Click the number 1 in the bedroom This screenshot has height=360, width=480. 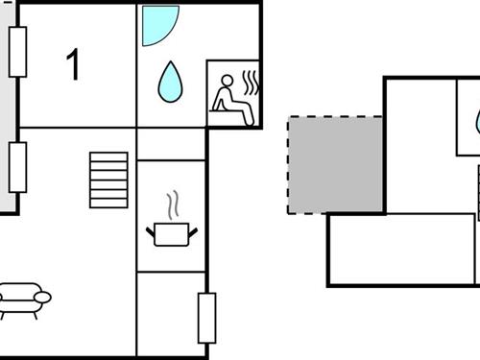coord(73,65)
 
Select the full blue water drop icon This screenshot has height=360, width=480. coord(170,83)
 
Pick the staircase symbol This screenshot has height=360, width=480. coord(108,179)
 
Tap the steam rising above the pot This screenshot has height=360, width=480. coord(173,204)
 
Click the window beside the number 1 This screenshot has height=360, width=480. coord(17,52)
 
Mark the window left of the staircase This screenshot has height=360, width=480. coord(17,167)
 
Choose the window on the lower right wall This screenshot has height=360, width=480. coord(206,318)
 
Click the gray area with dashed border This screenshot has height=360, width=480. coord(335,164)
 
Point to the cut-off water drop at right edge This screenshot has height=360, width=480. coord(477,122)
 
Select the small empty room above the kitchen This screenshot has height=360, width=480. coord(171,144)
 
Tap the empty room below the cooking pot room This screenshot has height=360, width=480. coord(171,313)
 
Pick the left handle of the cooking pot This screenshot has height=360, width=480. coord(151,230)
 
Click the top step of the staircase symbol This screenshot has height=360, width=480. coord(108,156)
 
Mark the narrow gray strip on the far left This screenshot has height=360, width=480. coord(7,106)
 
